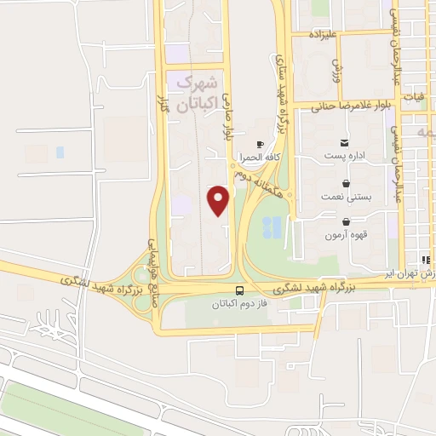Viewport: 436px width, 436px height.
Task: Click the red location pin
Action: pos(220,198)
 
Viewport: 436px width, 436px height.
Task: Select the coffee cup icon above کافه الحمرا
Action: pos(260,144)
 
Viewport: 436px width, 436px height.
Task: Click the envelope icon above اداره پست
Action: pos(345,142)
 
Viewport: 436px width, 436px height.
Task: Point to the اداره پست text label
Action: pos(345,157)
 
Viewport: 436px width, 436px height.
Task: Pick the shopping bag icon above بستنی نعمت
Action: pos(345,182)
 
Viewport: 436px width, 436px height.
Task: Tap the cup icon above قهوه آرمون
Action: pos(345,220)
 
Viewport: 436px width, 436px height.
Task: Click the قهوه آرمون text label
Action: pos(345,234)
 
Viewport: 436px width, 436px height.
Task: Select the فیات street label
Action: pos(413,97)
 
